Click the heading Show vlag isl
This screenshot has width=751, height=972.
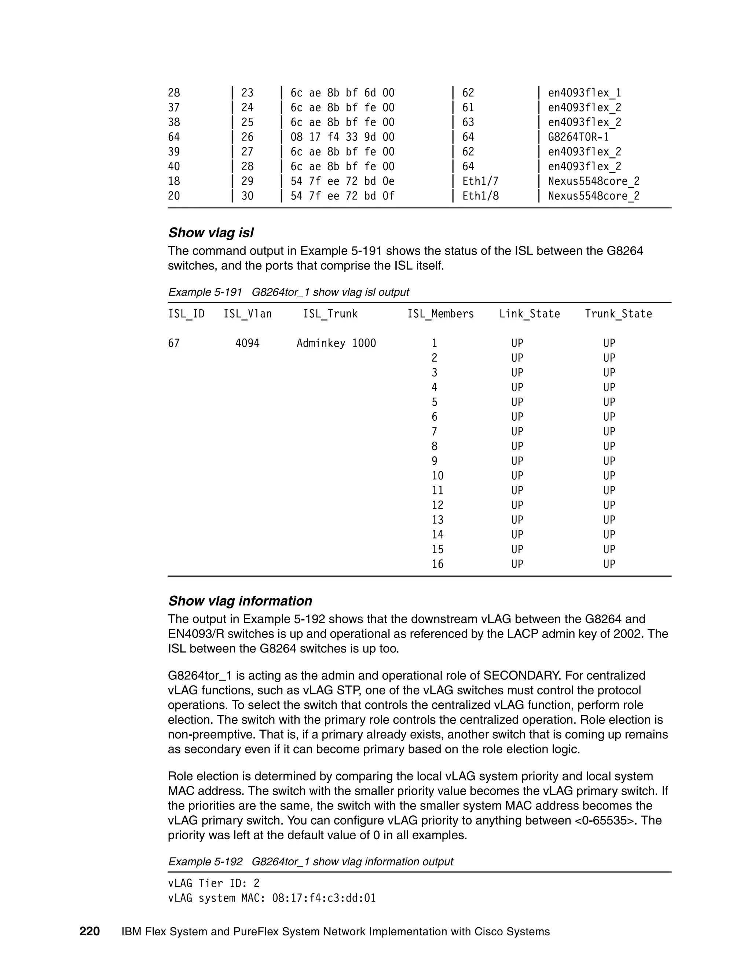click(x=211, y=233)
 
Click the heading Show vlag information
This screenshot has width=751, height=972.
click(x=240, y=601)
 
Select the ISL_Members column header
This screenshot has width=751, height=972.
click(x=440, y=314)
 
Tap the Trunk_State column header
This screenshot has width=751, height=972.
click(x=618, y=314)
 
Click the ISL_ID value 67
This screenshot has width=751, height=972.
click(x=173, y=343)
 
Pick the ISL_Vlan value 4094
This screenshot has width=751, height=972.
click(x=248, y=343)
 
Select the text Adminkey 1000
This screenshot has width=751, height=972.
click(x=336, y=343)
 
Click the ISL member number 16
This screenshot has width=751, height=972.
click(x=437, y=564)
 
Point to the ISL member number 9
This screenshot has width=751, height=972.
click(x=434, y=461)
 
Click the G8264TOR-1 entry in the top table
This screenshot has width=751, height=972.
click(x=578, y=137)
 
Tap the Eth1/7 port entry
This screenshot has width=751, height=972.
click(x=480, y=181)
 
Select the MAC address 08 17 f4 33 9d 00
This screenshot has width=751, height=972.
click(x=342, y=137)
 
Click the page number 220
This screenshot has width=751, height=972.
click(x=89, y=932)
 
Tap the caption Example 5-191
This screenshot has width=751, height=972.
click(x=205, y=292)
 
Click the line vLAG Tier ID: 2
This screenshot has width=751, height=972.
click(x=213, y=884)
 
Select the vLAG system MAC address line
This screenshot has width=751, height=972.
click(x=272, y=898)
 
